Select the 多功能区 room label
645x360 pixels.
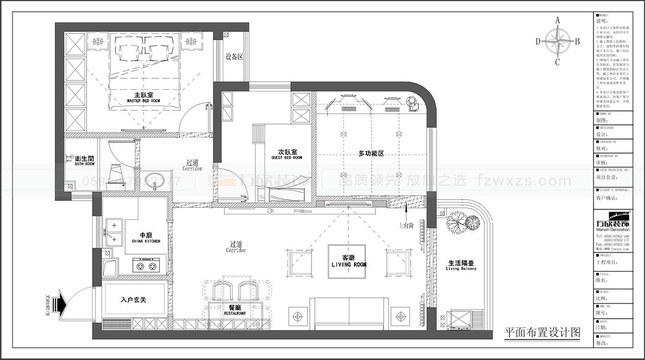coord(370,153)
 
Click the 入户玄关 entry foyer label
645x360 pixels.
coord(133,300)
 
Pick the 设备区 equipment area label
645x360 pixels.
coord(234,57)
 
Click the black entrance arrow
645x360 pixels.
coord(59,303)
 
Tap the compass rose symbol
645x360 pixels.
coord(557,41)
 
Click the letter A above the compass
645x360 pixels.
coord(557,20)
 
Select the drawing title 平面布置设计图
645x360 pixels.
coord(542,332)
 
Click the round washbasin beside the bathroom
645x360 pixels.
coord(156,180)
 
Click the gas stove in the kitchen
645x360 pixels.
coord(146,266)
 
